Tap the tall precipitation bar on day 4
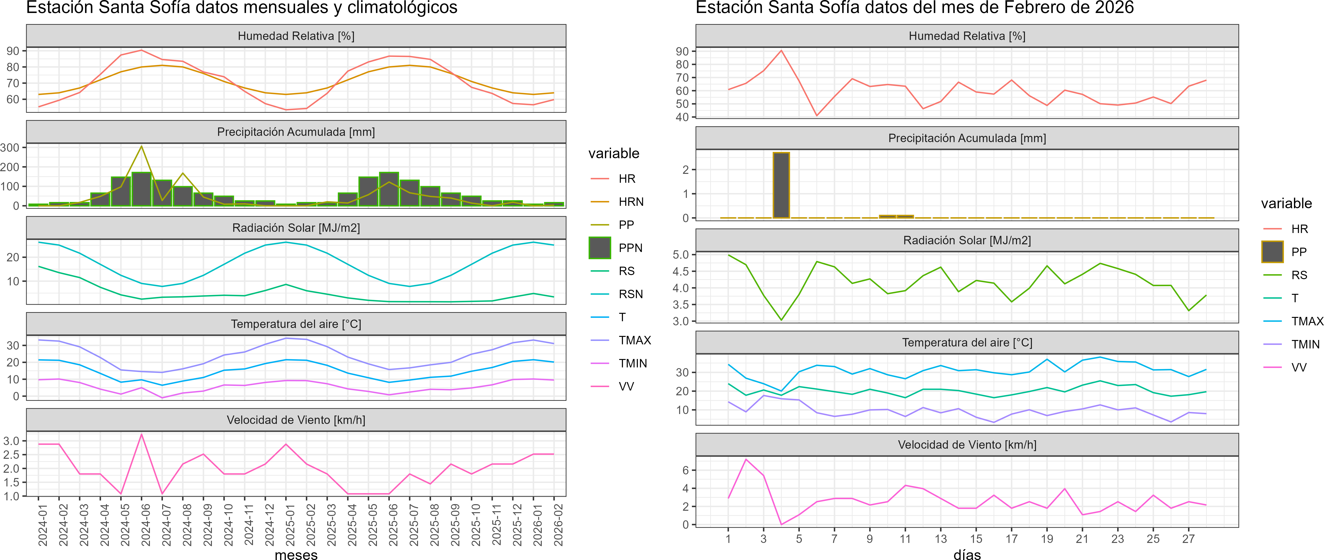pos(781,185)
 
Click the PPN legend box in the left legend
pos(599,248)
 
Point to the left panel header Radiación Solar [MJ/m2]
pos(296,228)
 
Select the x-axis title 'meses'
pos(296,554)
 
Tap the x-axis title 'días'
pos(967,554)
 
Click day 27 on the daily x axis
pos(1188,538)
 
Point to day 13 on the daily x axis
pos(941,538)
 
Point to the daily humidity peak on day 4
pos(781,50)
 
